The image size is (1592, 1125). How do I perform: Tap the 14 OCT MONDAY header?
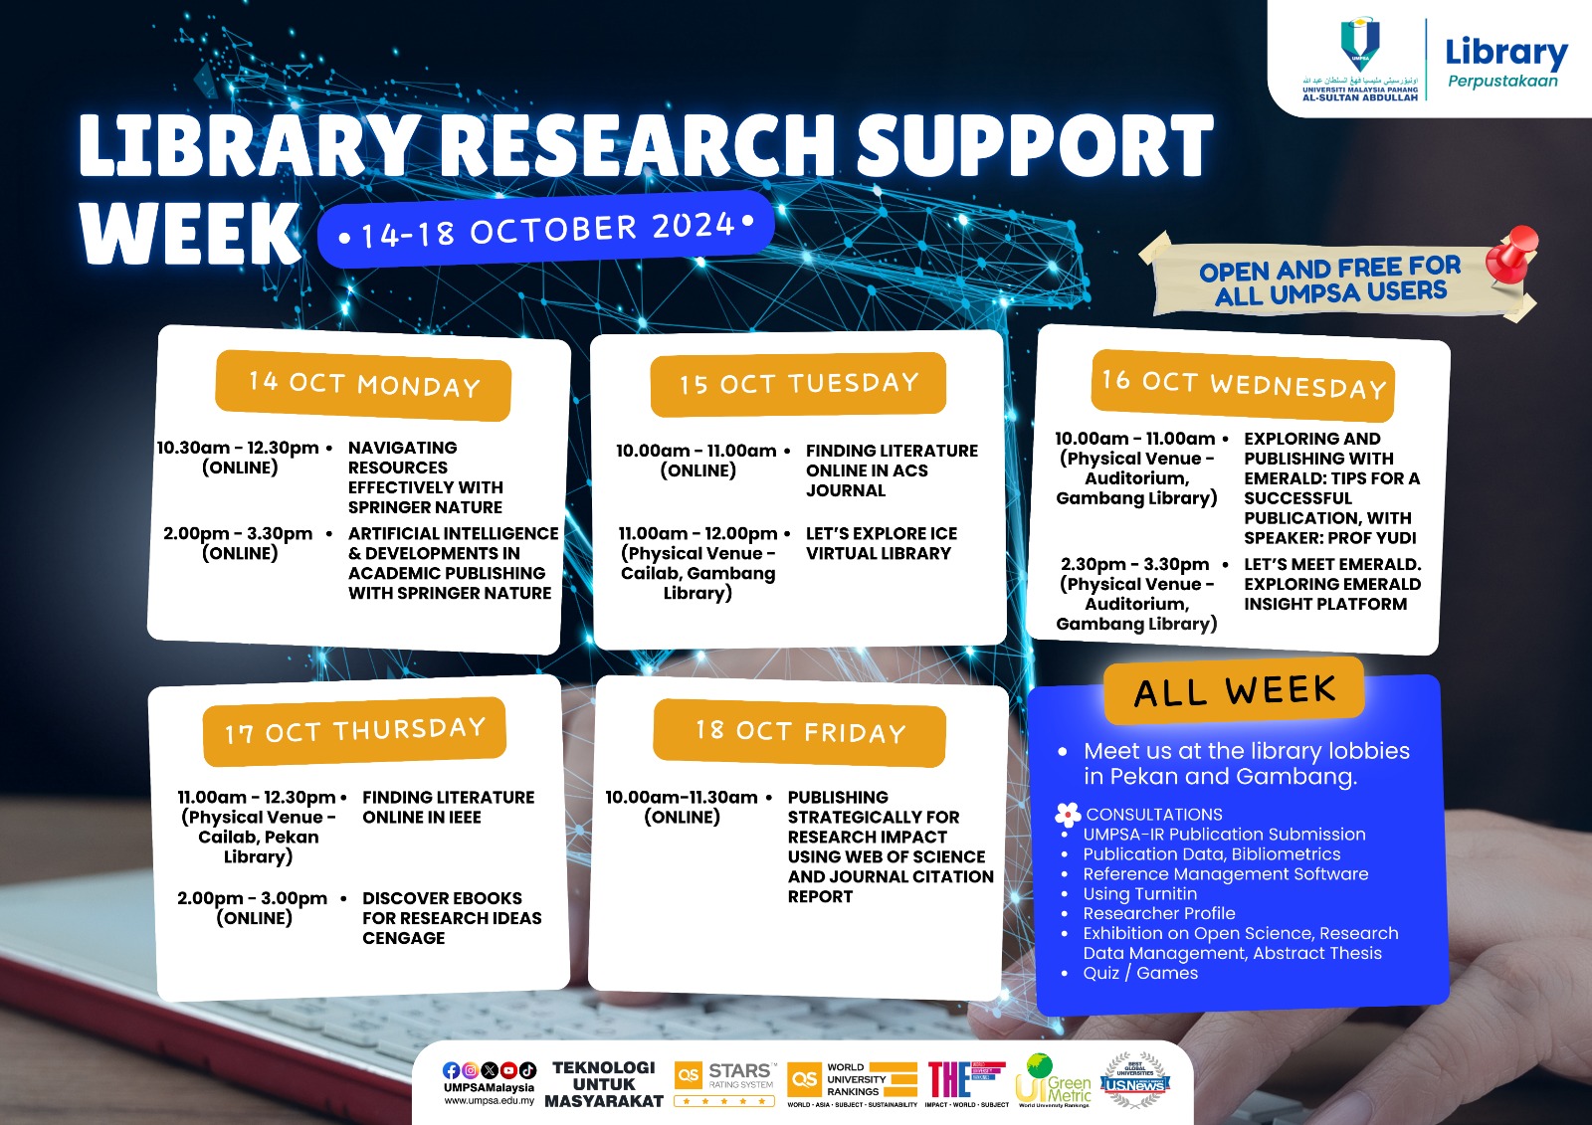coord(363,385)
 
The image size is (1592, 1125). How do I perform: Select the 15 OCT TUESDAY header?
coord(798,384)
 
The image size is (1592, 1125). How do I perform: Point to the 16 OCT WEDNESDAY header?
coord(1243,384)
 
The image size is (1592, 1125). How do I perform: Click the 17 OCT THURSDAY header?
coord(354,731)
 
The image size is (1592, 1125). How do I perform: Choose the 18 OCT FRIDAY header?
coord(800,733)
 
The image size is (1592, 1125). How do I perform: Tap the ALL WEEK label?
coord(1234,690)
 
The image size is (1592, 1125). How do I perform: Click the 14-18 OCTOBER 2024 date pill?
coord(545,230)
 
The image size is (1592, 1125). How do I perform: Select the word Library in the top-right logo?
coord(1505,53)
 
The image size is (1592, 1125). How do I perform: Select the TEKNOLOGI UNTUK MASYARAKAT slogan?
coord(604,1084)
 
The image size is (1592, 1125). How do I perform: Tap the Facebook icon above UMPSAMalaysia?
coord(451,1070)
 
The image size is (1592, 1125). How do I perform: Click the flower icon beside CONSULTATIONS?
coord(1068,815)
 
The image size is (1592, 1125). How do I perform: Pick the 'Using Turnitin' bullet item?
coord(1139,893)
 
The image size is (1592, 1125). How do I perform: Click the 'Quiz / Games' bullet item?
coord(1140,973)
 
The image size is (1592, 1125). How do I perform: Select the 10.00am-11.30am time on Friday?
coord(682,797)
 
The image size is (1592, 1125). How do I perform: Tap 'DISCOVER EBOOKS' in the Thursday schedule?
coord(442,898)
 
